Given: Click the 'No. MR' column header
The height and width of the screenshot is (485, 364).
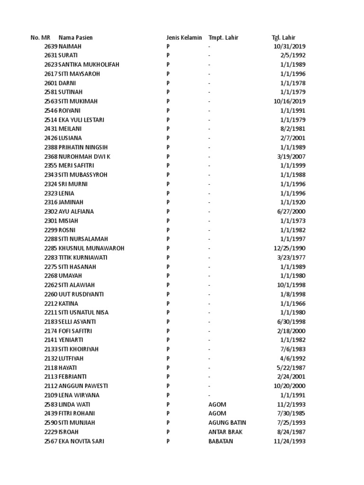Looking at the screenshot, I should pyautogui.click(x=40, y=37).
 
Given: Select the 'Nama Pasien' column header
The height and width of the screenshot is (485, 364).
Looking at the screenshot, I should pyautogui.click(x=76, y=37).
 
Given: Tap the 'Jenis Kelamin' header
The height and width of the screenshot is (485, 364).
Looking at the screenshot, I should pyautogui.click(x=184, y=37).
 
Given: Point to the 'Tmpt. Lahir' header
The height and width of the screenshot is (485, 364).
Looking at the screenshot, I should pyautogui.click(x=223, y=37).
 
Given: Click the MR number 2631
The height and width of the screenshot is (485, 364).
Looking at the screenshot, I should pyautogui.click(x=51, y=55).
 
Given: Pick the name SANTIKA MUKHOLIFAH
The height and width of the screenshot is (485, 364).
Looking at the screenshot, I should pyautogui.click(x=89, y=65).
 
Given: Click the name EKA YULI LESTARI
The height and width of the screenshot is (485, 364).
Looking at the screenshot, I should pyautogui.click(x=82, y=120).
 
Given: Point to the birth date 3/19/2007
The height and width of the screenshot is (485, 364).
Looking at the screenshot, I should pyautogui.click(x=292, y=156).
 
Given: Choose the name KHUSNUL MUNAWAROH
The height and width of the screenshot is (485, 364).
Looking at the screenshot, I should pyautogui.click(x=91, y=248).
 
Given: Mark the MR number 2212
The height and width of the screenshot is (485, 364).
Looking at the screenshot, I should pyautogui.click(x=51, y=304).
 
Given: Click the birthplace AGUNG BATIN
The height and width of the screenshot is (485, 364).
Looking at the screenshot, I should pyautogui.click(x=227, y=422).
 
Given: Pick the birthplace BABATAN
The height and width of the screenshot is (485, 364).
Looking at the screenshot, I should pyautogui.click(x=220, y=441).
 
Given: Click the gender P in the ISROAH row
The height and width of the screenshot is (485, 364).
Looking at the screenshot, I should pyautogui.click(x=168, y=432).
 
